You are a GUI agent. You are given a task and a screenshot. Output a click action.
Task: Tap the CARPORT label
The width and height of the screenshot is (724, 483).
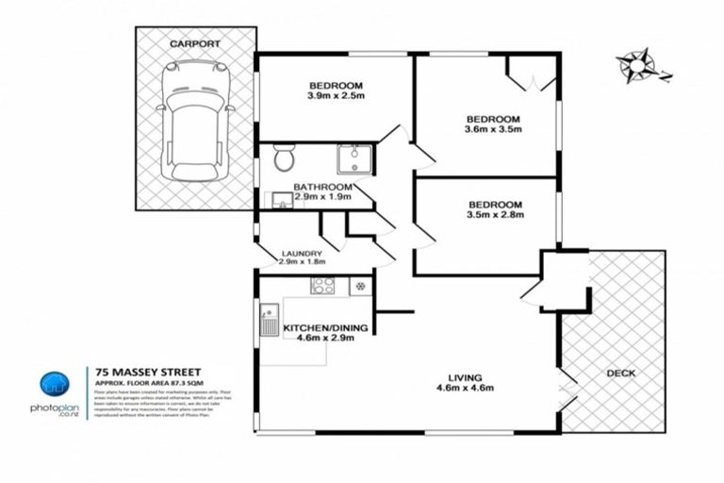click(x=196, y=43)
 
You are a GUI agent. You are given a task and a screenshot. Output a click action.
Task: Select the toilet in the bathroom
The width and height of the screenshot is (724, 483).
click(x=284, y=159)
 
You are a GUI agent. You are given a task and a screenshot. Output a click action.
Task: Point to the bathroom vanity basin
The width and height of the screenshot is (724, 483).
click(x=281, y=199)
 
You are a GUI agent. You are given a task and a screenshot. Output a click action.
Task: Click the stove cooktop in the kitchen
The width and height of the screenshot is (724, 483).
click(x=323, y=285)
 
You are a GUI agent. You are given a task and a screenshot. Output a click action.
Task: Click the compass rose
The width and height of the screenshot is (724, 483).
click(x=637, y=66)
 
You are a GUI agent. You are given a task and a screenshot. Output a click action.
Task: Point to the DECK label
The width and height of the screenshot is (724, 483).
click(x=620, y=374)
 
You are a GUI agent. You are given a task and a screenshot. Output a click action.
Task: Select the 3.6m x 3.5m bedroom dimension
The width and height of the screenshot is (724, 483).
click(x=494, y=132)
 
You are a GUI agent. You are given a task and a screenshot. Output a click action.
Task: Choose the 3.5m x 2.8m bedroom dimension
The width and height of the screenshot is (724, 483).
click(x=494, y=215)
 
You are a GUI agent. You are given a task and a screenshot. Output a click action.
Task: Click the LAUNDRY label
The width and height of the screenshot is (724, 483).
click(x=303, y=254)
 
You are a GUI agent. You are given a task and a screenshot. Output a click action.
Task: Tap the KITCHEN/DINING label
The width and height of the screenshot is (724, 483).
click(x=326, y=327)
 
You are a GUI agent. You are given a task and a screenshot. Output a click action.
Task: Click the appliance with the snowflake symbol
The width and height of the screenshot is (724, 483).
click(x=358, y=285)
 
